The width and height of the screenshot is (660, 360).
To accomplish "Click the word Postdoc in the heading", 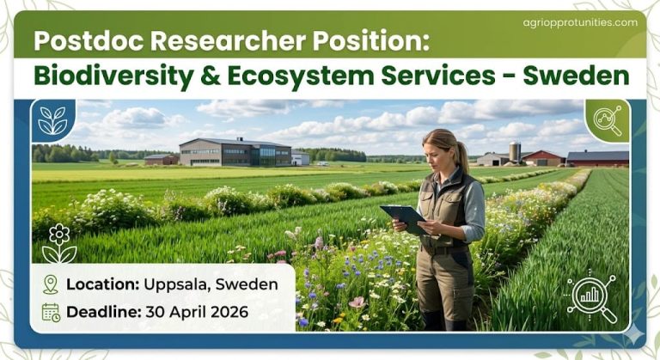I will tap(82, 40).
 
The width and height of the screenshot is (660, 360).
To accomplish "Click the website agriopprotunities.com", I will tap(580, 22).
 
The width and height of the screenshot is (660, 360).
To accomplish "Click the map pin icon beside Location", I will tap(50, 284).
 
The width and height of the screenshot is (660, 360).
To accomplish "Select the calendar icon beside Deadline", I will tap(50, 312).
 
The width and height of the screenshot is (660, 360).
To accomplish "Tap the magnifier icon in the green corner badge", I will tap(608, 121).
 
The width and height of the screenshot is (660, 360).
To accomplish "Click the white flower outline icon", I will tap(58, 243).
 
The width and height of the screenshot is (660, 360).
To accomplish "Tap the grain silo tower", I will tap(515, 151).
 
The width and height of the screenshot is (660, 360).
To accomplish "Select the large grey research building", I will tap(233, 152).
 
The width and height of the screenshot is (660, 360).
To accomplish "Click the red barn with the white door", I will tap(543, 158).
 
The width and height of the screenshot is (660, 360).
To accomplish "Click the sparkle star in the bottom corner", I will tap(633, 333).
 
